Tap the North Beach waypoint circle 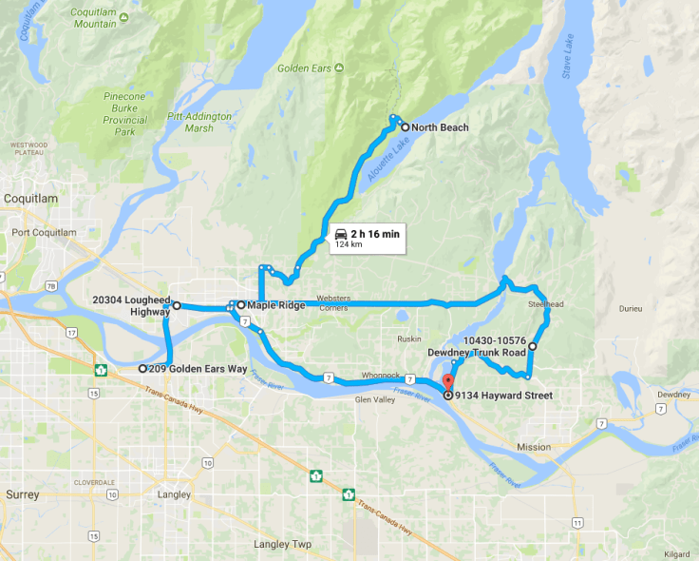tap(405, 127)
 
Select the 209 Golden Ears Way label tap(191, 368)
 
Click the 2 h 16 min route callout tap(368, 239)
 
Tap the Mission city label tap(534, 447)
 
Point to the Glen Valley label tap(373, 400)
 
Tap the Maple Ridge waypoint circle tap(241, 305)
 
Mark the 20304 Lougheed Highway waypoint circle tap(177, 306)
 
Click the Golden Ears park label tap(299, 68)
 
